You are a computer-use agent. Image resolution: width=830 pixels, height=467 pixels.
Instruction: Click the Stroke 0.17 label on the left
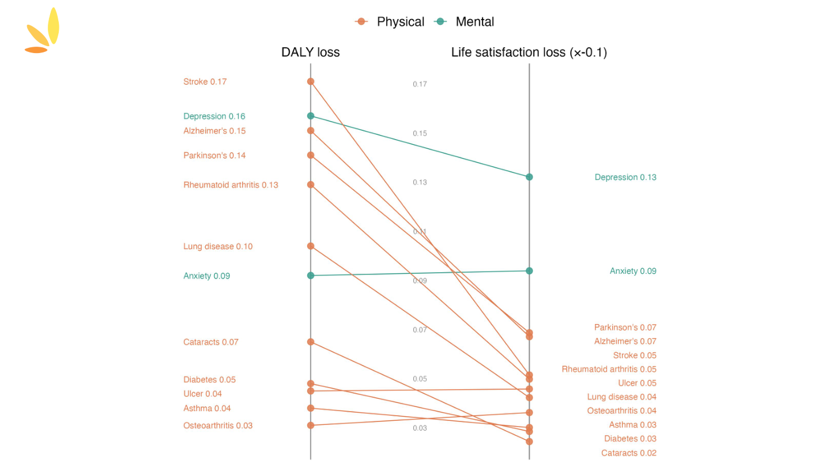click(x=205, y=82)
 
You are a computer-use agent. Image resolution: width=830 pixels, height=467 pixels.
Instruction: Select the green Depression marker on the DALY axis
click(x=311, y=116)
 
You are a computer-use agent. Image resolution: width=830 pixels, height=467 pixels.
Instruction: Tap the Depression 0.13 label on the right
click(x=625, y=178)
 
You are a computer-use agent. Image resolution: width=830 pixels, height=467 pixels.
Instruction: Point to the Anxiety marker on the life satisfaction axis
click(x=529, y=271)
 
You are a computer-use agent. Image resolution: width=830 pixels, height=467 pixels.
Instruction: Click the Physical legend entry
click(x=390, y=22)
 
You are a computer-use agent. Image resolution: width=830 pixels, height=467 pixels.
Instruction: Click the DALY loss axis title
click(x=310, y=52)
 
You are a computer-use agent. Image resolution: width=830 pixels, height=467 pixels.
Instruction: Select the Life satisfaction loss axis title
click(x=529, y=52)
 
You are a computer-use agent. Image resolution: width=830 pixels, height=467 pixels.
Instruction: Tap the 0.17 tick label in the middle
click(x=420, y=85)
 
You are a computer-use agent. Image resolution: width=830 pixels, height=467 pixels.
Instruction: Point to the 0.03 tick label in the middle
click(x=420, y=428)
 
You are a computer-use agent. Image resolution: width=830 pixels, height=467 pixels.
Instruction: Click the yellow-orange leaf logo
click(x=43, y=32)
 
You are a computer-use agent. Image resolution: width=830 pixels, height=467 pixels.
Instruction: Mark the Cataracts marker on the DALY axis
click(x=311, y=342)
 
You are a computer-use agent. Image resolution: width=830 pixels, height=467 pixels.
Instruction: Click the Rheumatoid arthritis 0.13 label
click(x=231, y=185)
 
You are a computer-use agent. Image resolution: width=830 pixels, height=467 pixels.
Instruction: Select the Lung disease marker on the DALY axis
click(x=311, y=246)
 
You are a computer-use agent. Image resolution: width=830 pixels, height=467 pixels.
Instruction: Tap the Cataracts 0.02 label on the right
click(x=628, y=453)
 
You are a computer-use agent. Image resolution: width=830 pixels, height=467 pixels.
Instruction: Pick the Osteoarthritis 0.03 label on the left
click(x=218, y=426)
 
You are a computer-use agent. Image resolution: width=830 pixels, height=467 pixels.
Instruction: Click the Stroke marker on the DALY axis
click(x=311, y=81)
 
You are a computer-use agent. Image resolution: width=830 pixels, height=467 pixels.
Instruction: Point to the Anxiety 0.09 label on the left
click(x=206, y=276)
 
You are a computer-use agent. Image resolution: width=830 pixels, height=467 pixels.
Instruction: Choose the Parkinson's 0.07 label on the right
click(x=625, y=327)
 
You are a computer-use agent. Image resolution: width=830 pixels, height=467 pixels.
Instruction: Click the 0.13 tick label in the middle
click(x=420, y=183)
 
